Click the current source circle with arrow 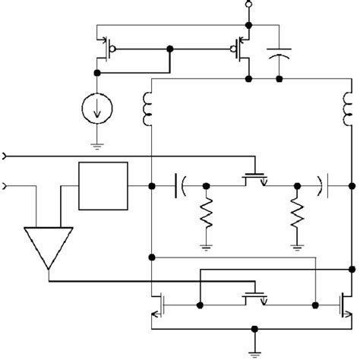(97, 110)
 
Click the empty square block (103, 186)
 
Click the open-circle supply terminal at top (246, 5)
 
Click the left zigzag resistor (205, 215)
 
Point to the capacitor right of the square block (181, 185)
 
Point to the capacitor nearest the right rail (322, 185)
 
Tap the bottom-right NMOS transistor (344, 305)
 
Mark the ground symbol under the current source (97, 144)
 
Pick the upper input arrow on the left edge (6, 156)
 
